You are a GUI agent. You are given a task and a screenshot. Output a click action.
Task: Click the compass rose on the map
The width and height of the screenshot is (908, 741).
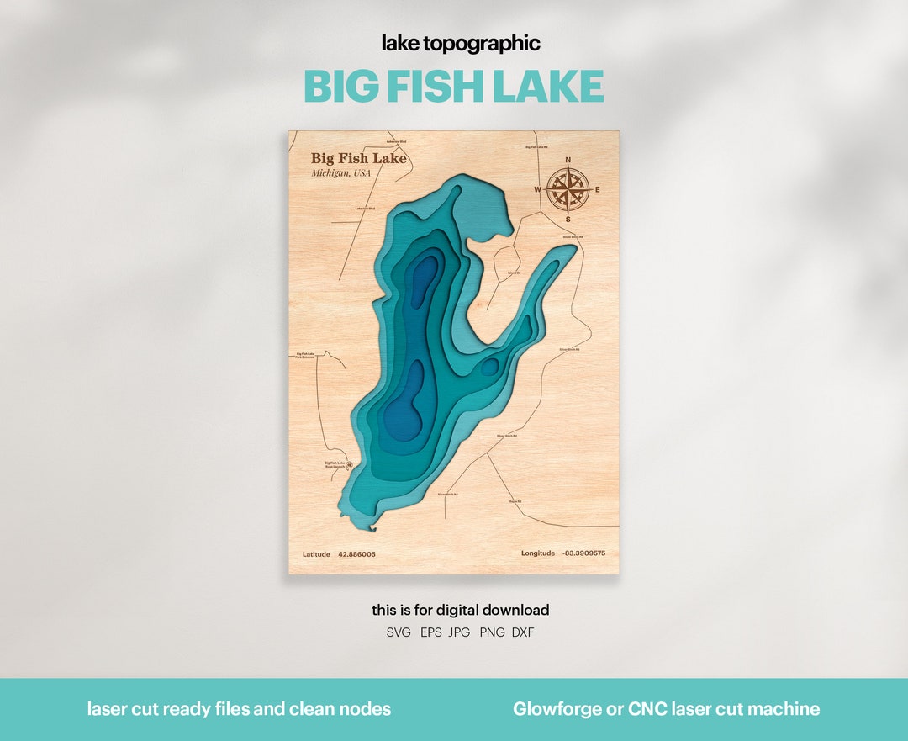coord(567,189)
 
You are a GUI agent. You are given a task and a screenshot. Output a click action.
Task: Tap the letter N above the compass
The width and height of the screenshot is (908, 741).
coord(567,160)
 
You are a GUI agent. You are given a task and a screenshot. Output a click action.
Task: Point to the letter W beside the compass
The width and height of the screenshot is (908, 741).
coord(537,190)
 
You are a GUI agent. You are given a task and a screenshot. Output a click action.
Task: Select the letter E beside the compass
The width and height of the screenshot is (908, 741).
coord(597,190)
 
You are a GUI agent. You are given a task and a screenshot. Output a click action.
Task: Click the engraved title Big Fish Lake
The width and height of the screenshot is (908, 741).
coord(358,158)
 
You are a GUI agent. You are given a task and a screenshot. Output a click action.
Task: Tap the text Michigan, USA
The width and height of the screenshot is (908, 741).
coord(340,173)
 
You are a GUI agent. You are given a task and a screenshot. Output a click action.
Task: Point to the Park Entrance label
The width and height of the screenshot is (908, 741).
coord(304,356)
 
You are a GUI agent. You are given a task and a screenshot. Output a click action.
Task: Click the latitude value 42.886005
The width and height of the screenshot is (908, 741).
coord(356,554)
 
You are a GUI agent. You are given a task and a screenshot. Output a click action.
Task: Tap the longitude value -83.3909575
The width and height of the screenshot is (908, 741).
coord(583,553)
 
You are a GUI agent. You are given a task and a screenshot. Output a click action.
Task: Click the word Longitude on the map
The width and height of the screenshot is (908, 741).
coord(538,553)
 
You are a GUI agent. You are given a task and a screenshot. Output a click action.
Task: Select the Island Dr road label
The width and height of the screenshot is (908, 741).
coord(514,273)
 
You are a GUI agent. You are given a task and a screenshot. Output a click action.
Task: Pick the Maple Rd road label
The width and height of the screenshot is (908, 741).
coord(515,502)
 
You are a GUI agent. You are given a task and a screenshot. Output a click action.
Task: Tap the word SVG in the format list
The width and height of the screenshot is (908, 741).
coord(399,632)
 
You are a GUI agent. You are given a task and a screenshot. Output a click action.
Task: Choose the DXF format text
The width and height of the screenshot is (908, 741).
coord(523,632)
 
